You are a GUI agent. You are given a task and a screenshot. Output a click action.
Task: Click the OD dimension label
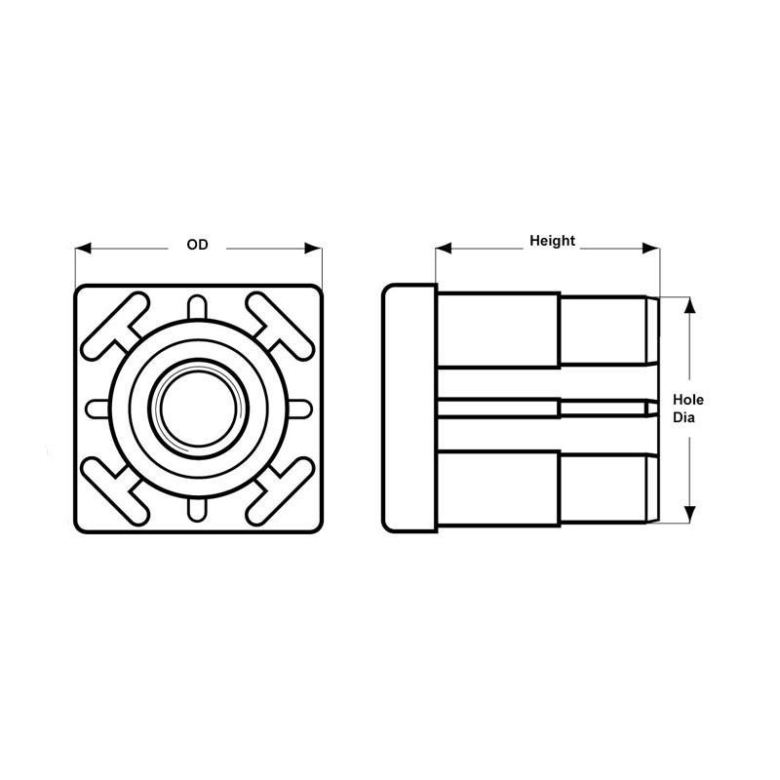pos(198,246)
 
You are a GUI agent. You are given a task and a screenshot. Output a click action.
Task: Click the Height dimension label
pos(552,240)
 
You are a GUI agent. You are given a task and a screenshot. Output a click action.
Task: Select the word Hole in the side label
pos(688,400)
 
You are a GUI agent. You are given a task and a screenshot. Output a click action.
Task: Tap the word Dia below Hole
pos(686,417)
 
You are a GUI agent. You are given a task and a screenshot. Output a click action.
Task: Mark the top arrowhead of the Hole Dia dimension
pos(690,305)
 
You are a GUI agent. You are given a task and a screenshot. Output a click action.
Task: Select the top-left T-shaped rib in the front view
pos(116,325)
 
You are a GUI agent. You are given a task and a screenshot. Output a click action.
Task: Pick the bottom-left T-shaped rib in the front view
pos(116,490)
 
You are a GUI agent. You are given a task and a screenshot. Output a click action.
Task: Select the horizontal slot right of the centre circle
pos(298,408)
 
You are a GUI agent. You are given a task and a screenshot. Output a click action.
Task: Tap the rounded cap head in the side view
pos(409,408)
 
